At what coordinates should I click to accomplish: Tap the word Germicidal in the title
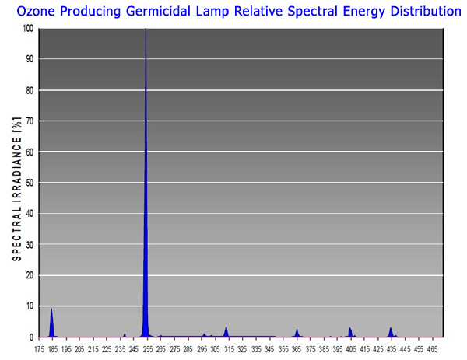160,12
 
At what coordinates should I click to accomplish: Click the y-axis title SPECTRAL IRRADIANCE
16,183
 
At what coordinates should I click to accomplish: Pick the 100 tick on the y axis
29,29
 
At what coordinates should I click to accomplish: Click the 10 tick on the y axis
30,306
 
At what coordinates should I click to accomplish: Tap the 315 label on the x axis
228,350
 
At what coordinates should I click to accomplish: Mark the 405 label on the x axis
350,350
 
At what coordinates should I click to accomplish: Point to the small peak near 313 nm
226,332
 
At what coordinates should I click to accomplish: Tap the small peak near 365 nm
297,333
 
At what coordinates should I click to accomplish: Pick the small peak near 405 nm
350,332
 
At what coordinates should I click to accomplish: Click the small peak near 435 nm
391,332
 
